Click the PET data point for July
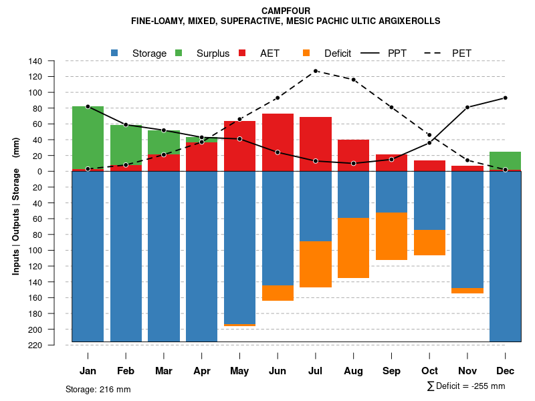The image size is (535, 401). coord(316,71)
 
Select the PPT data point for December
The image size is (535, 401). coord(505,98)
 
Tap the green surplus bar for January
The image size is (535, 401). coord(88,137)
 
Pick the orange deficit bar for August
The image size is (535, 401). coord(354,247)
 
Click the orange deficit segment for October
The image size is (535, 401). coord(429,242)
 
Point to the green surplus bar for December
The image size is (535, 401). coord(505,160)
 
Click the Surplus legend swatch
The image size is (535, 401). coord(179,53)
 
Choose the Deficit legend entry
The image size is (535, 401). coord(337,53)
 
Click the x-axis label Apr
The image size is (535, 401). coord(202,371)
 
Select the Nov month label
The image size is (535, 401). coord(467,371)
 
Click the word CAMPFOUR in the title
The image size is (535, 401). coord(286,11)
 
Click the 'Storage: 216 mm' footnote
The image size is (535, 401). coord(98,389)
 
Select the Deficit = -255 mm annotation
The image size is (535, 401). coord(466,386)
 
